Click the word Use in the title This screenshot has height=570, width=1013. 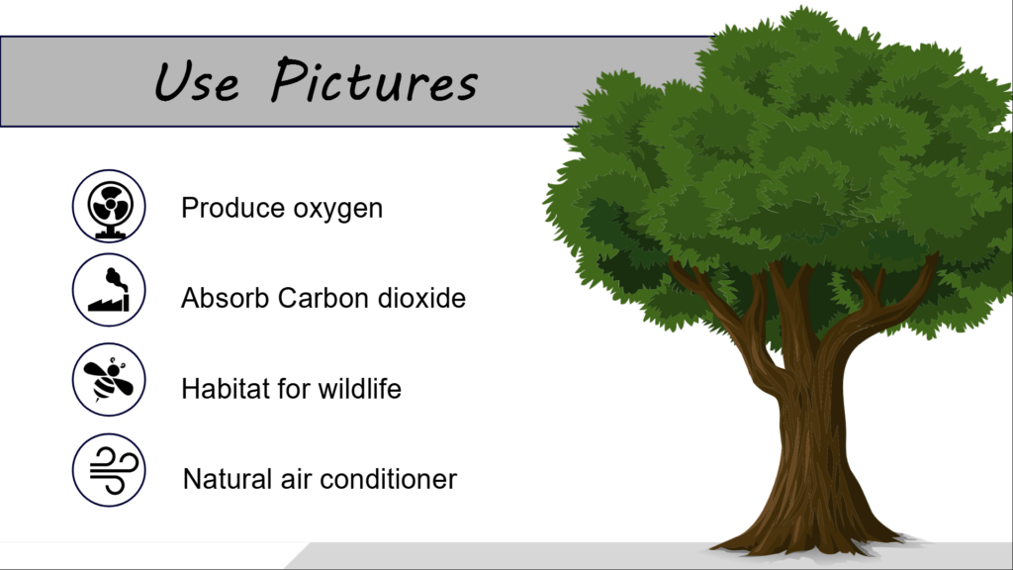[x=197, y=81]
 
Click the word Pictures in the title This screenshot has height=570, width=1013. [x=374, y=80]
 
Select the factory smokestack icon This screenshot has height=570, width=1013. [x=109, y=290]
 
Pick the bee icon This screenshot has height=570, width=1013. [x=109, y=379]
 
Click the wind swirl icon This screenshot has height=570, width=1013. [x=114, y=471]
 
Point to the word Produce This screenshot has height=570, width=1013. [x=232, y=208]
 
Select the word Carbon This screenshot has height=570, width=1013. [x=323, y=298]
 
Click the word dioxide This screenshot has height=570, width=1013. [x=421, y=298]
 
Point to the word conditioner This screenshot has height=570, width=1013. [x=388, y=479]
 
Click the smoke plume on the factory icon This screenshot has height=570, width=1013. [x=116, y=279]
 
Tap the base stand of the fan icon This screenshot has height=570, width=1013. [x=109, y=234]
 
